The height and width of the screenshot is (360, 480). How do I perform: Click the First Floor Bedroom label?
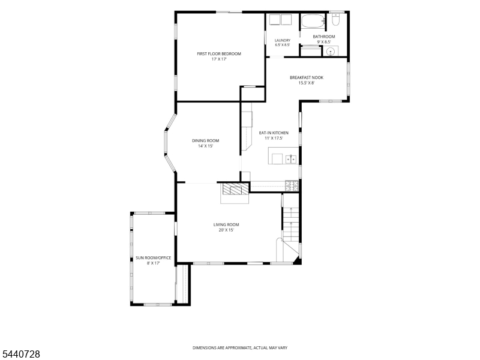(x=219, y=54)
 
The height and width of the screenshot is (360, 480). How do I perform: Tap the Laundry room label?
(x=282, y=40)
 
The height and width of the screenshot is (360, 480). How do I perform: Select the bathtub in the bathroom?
(x=313, y=22)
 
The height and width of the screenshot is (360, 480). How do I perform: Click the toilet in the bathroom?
(x=335, y=19)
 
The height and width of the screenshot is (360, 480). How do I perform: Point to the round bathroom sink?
(x=331, y=52)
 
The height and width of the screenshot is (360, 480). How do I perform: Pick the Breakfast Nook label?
(x=307, y=78)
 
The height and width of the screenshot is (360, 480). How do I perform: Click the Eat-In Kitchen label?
(x=274, y=133)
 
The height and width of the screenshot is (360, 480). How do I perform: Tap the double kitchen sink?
(x=291, y=160)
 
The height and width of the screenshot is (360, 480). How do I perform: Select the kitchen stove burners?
(x=292, y=186)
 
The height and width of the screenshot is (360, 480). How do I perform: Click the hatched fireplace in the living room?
(x=235, y=189)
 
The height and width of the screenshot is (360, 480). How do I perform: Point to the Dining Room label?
(x=205, y=141)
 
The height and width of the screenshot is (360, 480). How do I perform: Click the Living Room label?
(x=226, y=224)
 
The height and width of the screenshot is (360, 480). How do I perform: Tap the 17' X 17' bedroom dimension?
(x=219, y=59)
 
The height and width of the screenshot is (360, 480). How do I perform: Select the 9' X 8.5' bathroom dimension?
(x=324, y=42)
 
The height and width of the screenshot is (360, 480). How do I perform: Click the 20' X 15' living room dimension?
(x=226, y=230)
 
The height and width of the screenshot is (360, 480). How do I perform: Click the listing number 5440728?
(x=20, y=354)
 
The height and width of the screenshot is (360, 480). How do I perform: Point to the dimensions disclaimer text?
(x=239, y=348)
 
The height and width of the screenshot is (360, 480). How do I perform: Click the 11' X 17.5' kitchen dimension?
(x=274, y=139)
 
